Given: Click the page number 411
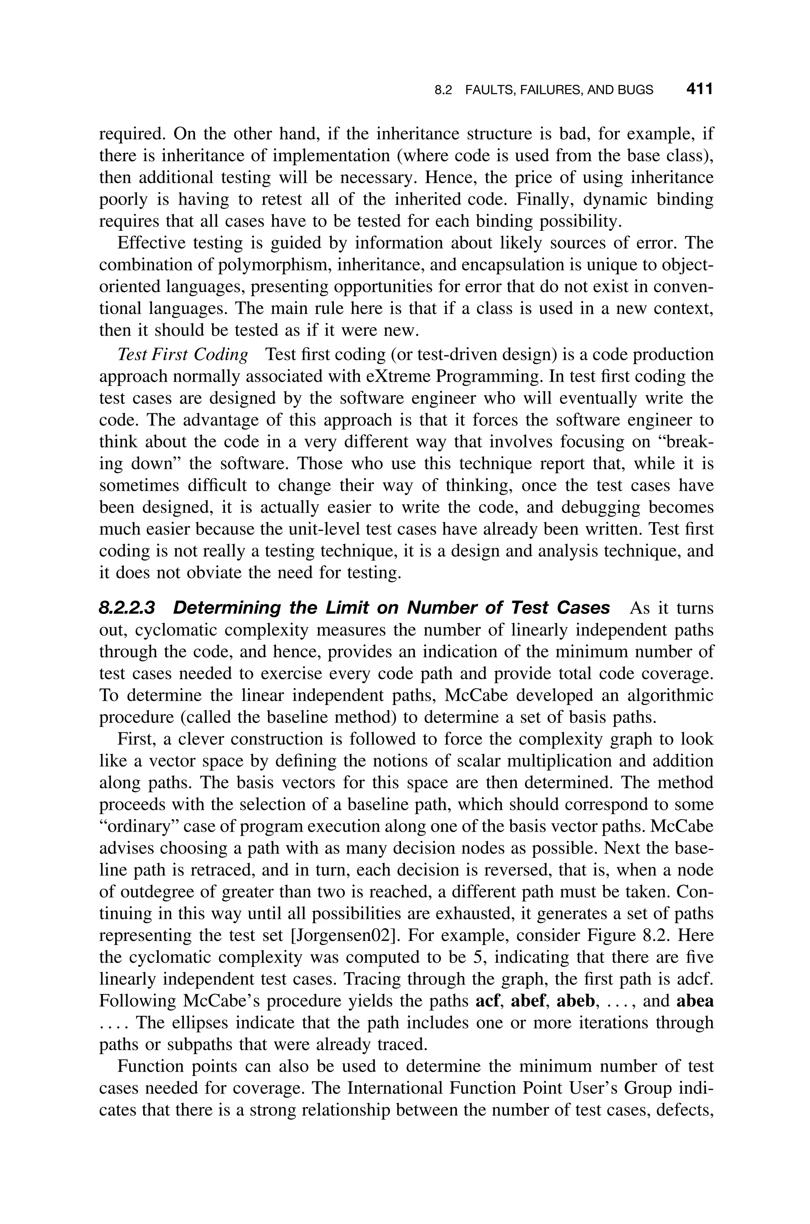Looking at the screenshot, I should (x=699, y=89).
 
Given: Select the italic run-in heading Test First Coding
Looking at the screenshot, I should (x=183, y=355).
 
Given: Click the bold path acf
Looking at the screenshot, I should (x=488, y=1001).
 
